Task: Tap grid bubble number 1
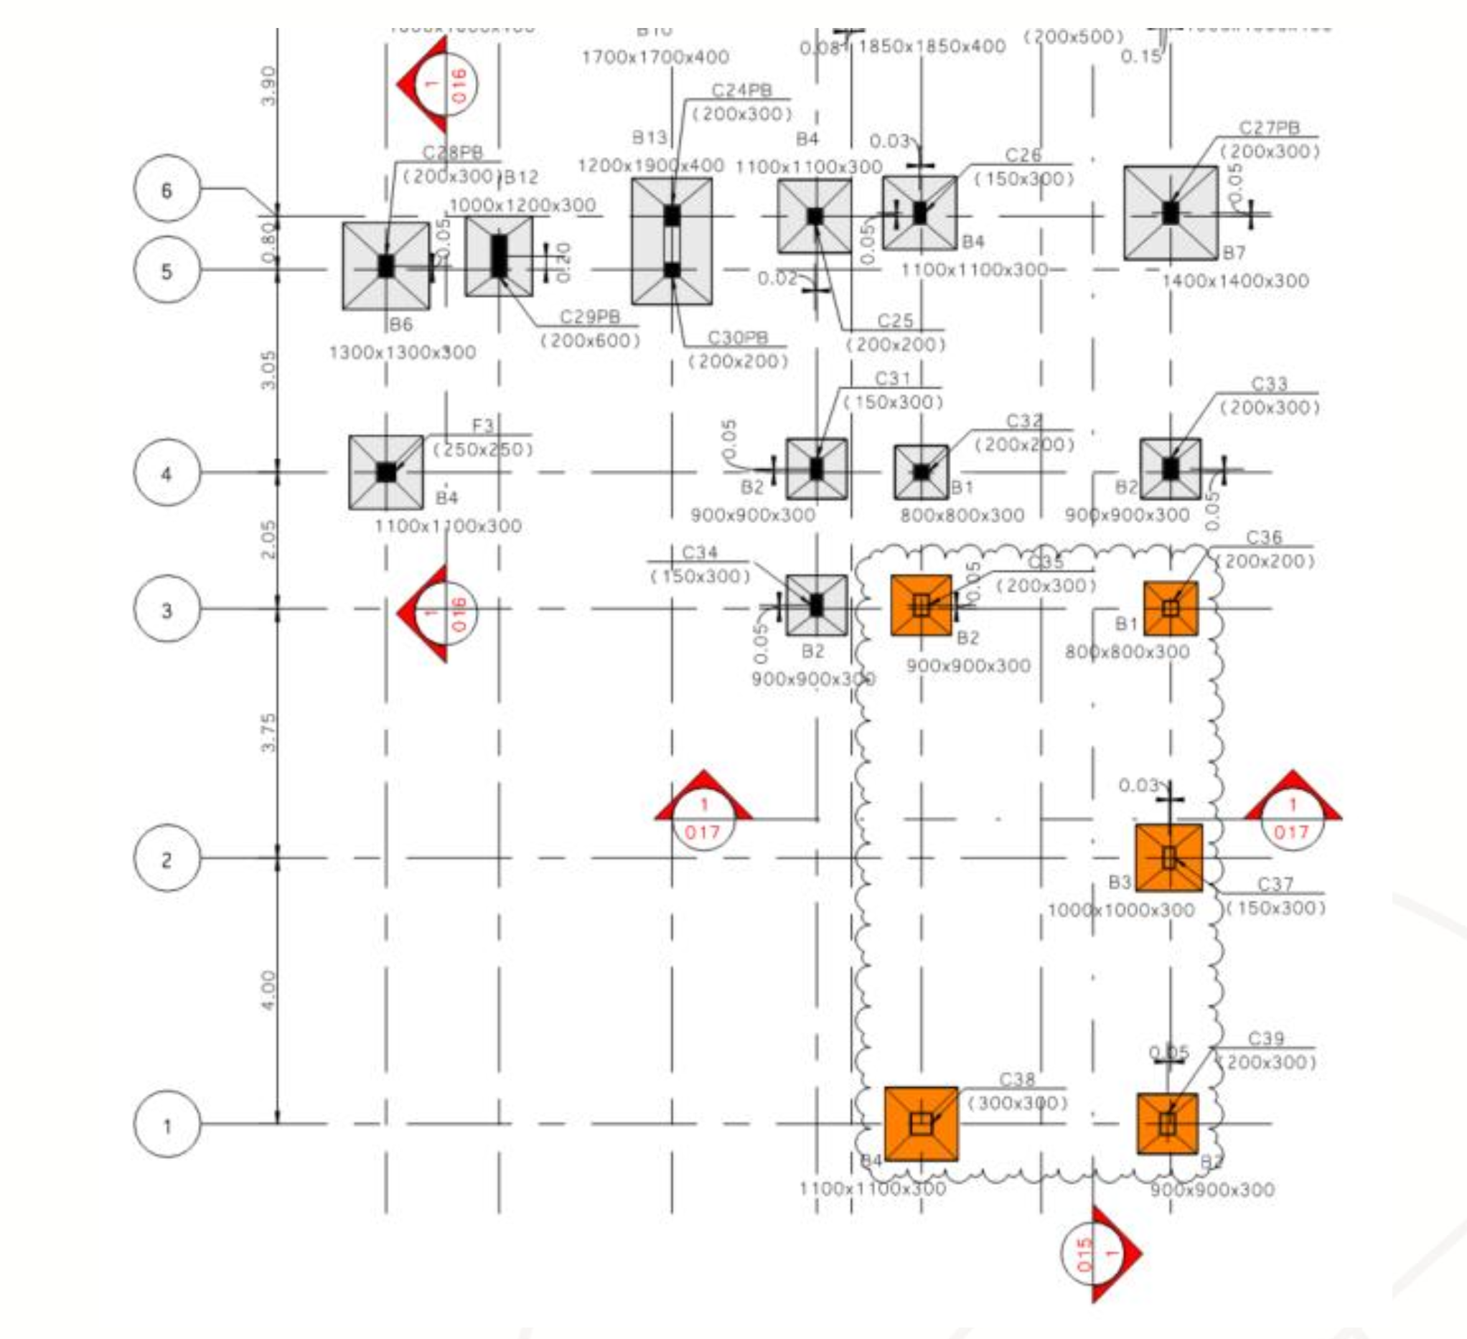click(167, 1124)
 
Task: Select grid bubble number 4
click(167, 473)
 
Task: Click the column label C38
click(1016, 1079)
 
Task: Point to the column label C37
click(1275, 883)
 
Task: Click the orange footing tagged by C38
click(922, 1124)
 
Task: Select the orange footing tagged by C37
click(1168, 858)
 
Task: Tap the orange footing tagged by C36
click(1170, 609)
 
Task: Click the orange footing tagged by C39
click(1167, 1124)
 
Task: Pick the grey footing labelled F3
click(385, 472)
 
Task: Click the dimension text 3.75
click(269, 732)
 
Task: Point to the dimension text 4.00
click(269, 990)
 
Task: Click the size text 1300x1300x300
click(403, 353)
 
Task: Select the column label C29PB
click(589, 316)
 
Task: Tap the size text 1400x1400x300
click(1235, 281)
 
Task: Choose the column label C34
click(699, 553)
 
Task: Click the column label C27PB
click(1269, 128)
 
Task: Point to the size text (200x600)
click(590, 341)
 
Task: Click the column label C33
click(1269, 383)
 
